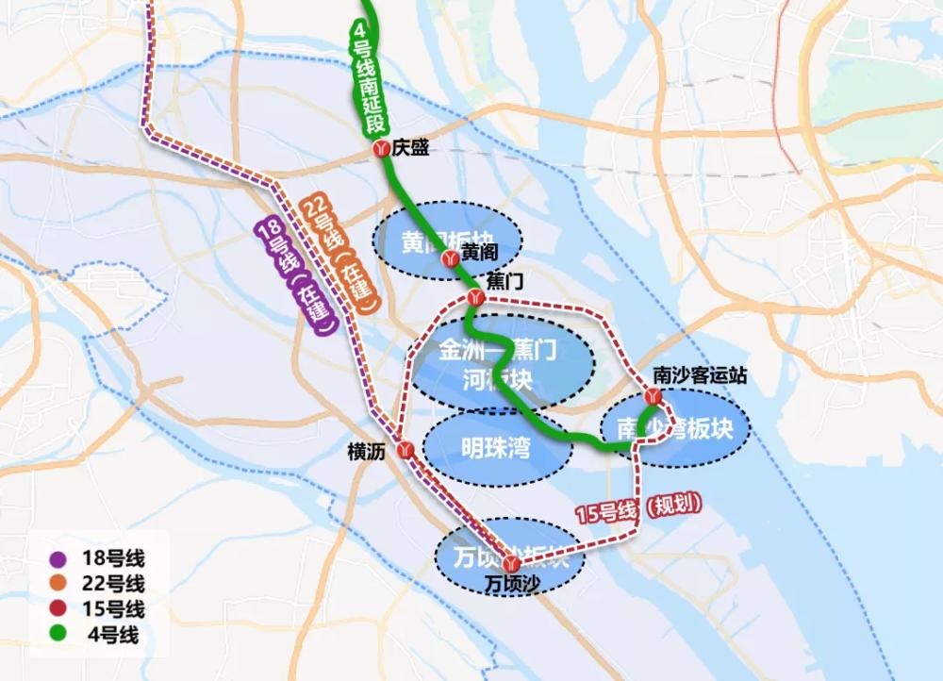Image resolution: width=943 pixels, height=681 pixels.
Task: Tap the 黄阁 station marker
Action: click(450, 256)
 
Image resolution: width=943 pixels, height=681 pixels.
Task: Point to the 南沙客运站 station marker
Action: click(653, 396)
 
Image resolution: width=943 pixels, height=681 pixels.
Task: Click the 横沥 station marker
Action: click(406, 451)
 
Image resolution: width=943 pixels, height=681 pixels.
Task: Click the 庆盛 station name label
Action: click(412, 148)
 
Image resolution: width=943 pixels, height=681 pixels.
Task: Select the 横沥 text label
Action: click(366, 452)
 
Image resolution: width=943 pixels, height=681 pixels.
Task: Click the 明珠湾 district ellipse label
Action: click(495, 449)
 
